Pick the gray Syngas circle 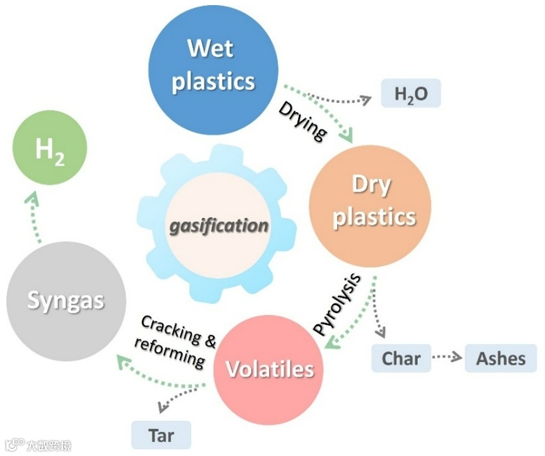pos(65,301)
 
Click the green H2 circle pos(49,150)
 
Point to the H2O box pos(411,95)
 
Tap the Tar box pos(161,436)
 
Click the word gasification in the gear pos(218,226)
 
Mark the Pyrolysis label pos(338,303)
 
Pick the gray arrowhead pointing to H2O pos(366,99)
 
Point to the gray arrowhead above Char pos(380,333)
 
